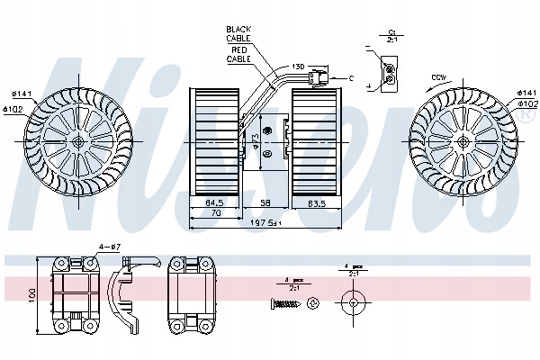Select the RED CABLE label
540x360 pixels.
pos(239,56)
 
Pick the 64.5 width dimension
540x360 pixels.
pos(213,202)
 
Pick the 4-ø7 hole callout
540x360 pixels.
pos(109,247)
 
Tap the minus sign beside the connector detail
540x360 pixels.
pos(369,47)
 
